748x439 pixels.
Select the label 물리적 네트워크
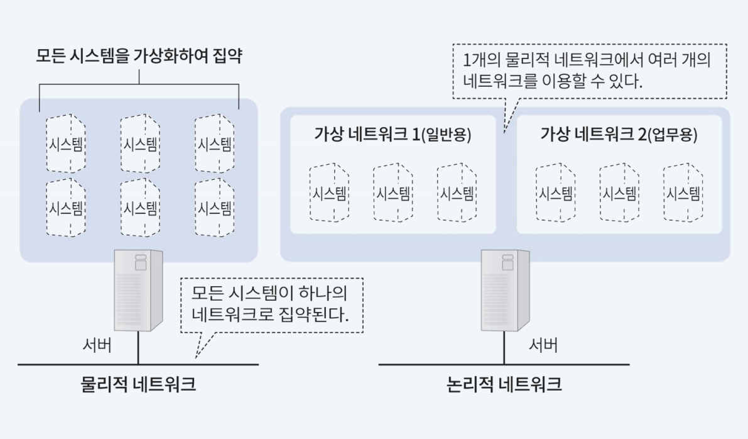point(138,384)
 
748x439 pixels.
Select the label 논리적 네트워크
point(504,384)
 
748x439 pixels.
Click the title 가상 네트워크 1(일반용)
point(393,134)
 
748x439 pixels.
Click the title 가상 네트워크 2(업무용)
point(619,134)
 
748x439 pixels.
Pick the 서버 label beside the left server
point(98,345)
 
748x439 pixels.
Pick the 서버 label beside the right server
point(543,345)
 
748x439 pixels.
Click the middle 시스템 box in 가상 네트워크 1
point(393,193)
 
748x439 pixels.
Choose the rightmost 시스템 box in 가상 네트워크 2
point(683,193)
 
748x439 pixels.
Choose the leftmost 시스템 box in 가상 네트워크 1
point(329,193)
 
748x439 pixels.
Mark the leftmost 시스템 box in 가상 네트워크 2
point(556,193)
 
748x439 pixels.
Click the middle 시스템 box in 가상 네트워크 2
point(620,193)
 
